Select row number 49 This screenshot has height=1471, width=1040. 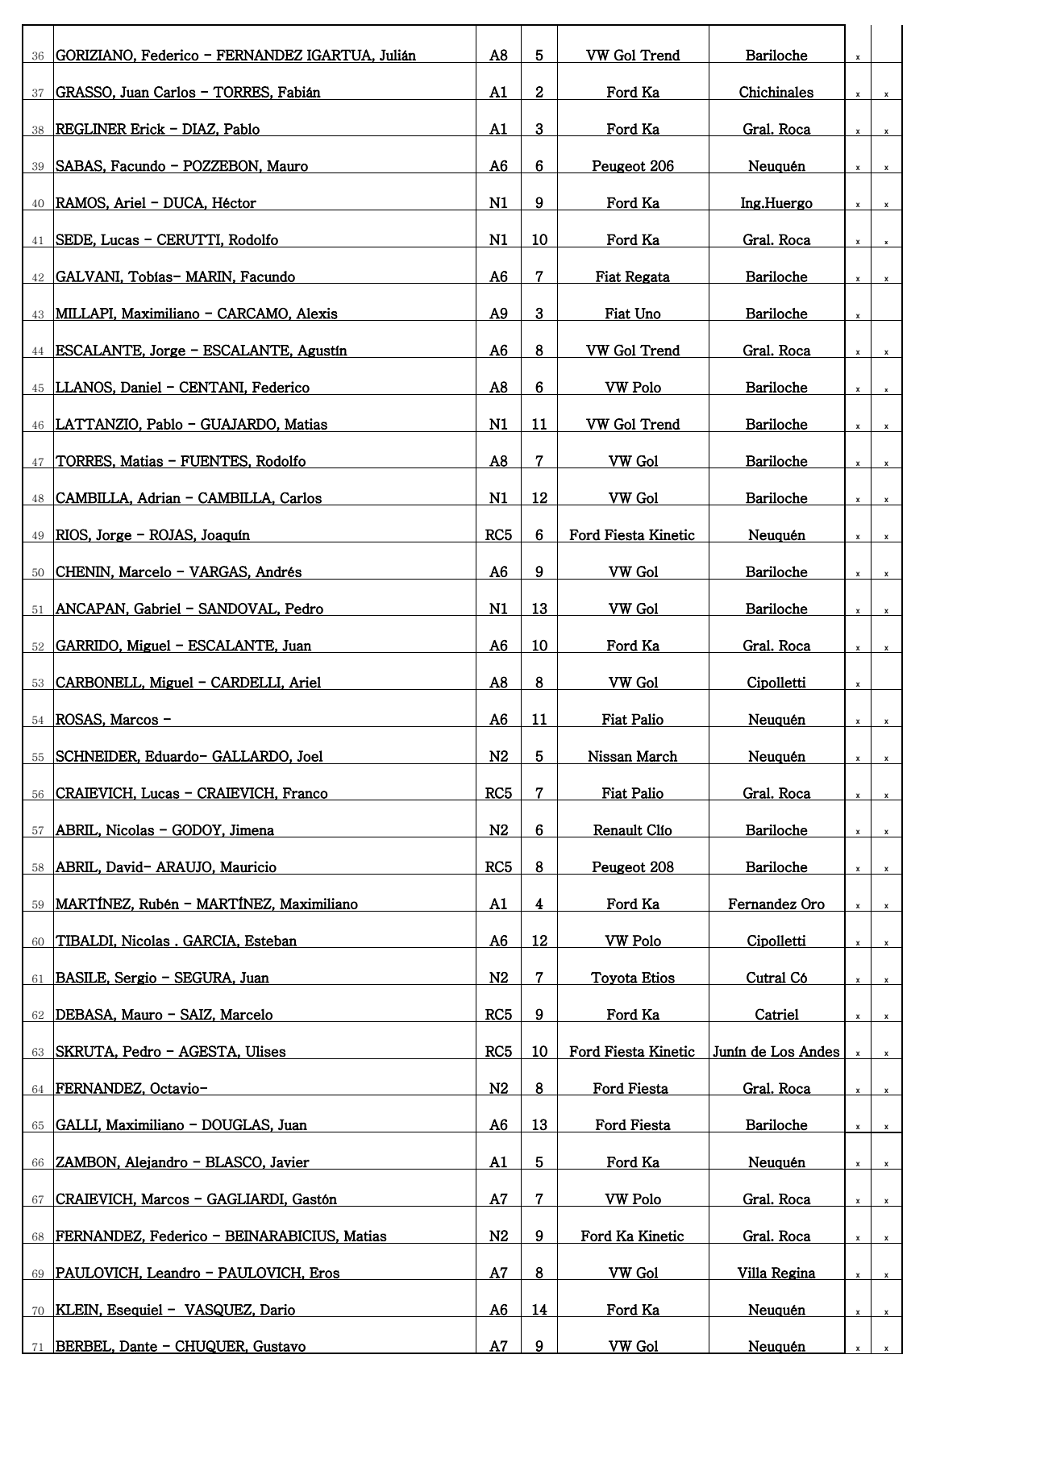(38, 536)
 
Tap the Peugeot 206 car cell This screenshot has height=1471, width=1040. (632, 167)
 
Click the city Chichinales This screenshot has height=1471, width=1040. (776, 93)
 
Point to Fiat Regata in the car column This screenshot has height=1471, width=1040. (632, 277)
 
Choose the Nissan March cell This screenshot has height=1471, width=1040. (632, 757)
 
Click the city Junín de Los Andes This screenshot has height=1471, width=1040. (776, 1052)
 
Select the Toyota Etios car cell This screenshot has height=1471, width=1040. (632, 979)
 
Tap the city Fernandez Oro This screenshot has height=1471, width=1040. (776, 904)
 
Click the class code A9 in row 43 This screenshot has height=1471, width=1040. (498, 314)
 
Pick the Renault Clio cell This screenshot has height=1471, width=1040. (632, 831)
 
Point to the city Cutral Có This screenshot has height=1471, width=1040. (776, 979)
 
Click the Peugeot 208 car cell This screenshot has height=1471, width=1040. (632, 868)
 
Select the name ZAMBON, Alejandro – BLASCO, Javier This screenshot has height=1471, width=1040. (182, 1163)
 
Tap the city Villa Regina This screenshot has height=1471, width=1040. (776, 1274)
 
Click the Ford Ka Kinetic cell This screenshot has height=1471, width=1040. (632, 1236)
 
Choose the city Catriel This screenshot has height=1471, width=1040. (776, 1016)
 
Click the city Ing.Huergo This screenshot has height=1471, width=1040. (776, 204)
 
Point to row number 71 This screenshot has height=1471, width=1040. (38, 1348)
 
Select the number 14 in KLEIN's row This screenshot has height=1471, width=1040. (539, 1311)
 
